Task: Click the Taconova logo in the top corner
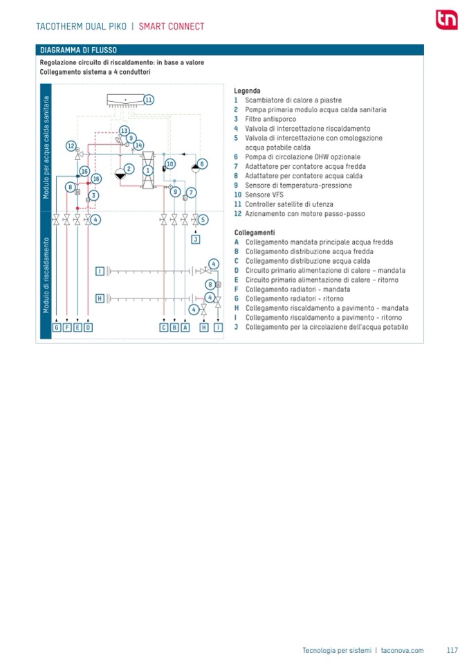click(447, 19)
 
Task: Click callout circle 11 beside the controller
click(149, 100)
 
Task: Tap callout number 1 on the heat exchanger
click(147, 170)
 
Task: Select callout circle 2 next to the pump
click(129, 169)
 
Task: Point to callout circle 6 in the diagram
click(202, 164)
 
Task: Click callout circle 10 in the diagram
click(170, 164)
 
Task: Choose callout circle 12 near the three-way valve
click(71, 146)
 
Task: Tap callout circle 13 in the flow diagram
click(124, 131)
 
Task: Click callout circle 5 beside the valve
click(203, 219)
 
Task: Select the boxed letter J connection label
click(195, 240)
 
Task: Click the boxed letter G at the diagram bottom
click(57, 327)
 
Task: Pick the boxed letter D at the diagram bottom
click(88, 327)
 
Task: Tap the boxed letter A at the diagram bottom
click(185, 327)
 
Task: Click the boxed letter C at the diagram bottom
click(164, 327)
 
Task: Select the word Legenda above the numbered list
click(247, 91)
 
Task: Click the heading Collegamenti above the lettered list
click(255, 233)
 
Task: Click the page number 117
click(452, 650)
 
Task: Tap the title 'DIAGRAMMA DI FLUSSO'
click(78, 50)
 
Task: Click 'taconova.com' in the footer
click(402, 650)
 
